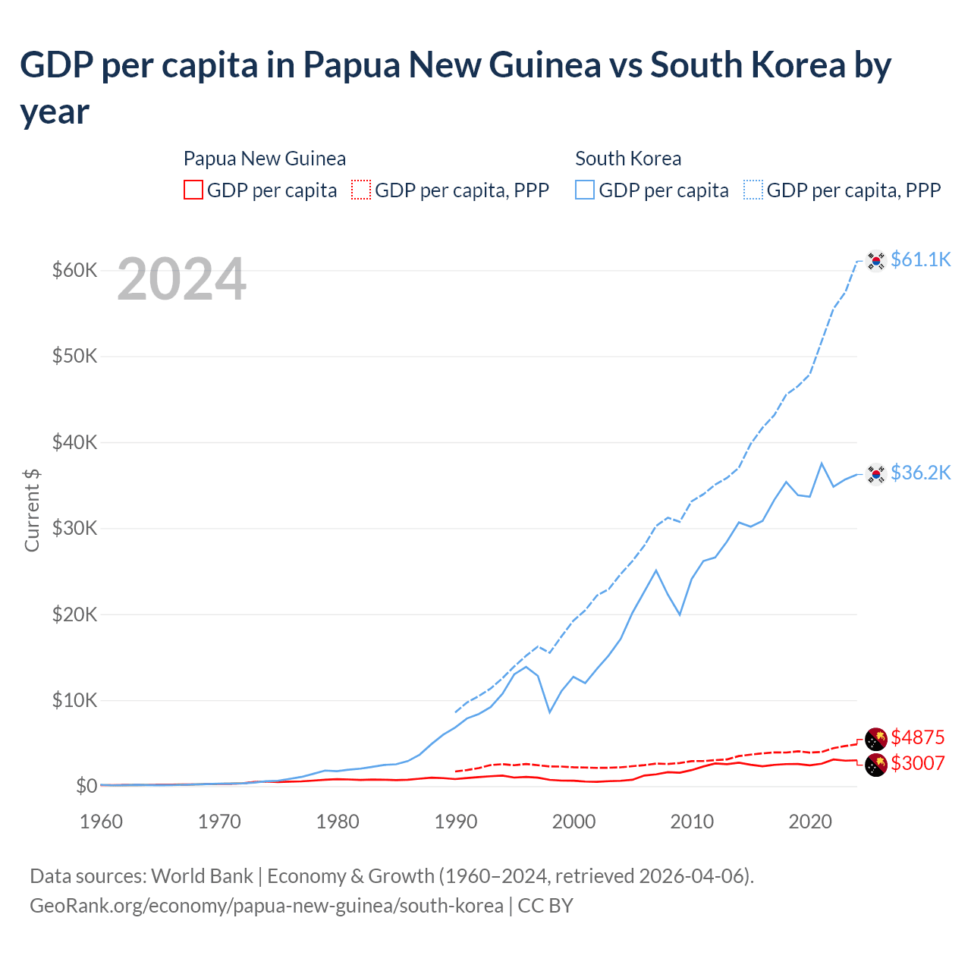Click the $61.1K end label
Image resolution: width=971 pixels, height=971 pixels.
click(x=920, y=259)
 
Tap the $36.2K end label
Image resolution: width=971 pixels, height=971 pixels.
click(x=920, y=473)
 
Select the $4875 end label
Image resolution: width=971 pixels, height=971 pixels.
click(x=917, y=737)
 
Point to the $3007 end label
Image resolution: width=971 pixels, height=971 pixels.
click(x=917, y=763)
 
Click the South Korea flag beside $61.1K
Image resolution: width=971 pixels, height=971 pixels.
click(x=876, y=260)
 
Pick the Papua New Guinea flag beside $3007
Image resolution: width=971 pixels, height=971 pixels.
click(x=876, y=765)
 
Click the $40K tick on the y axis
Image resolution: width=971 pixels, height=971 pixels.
click(x=74, y=442)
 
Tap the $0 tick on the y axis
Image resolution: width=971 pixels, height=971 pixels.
click(x=86, y=786)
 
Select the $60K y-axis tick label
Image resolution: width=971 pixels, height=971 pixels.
click(x=74, y=270)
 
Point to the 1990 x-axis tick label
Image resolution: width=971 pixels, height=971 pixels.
click(x=456, y=822)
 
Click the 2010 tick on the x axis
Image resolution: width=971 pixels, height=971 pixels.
click(x=692, y=822)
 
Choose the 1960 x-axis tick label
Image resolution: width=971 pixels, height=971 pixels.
click(x=102, y=822)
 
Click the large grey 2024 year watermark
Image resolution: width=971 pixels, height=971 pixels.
click(x=181, y=279)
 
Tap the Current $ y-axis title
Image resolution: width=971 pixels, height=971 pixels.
click(x=32, y=510)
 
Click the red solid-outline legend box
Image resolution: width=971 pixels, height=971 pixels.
click(x=193, y=190)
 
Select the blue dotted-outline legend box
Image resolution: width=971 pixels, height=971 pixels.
click(x=753, y=190)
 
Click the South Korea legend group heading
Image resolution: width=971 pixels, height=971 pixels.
click(x=628, y=159)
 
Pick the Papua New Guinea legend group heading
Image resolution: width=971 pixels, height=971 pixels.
click(x=265, y=159)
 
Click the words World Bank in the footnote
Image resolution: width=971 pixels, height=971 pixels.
click(x=202, y=876)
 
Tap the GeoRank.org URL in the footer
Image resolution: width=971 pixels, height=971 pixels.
click(x=266, y=906)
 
